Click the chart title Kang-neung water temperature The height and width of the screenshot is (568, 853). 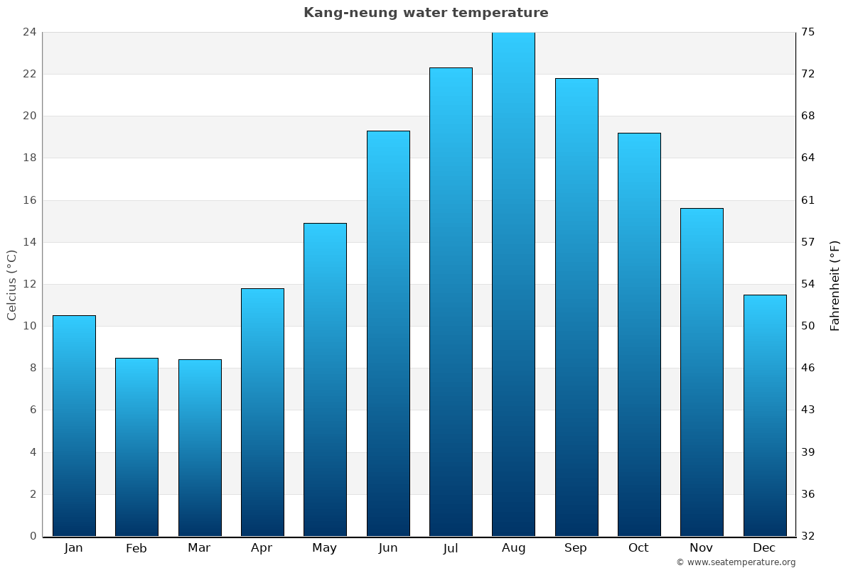click(426, 13)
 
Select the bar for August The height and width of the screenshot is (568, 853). click(513, 284)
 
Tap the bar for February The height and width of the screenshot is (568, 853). click(136, 447)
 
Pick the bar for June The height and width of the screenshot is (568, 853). click(388, 333)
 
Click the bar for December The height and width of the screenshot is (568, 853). click(765, 415)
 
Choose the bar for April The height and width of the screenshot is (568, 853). click(262, 412)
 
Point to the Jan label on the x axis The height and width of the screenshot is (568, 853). click(74, 548)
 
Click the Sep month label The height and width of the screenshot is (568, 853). click(576, 548)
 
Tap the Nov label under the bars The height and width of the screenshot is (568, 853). click(702, 548)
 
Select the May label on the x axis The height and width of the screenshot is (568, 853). click(325, 548)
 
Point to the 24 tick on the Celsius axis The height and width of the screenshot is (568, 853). click(29, 32)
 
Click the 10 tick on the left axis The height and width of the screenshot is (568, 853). click(29, 326)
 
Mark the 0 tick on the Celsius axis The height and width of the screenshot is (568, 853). click(33, 536)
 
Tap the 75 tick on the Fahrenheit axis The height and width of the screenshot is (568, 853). click(808, 32)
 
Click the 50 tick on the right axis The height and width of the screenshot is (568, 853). click(808, 326)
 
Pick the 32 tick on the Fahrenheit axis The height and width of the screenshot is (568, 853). click(808, 536)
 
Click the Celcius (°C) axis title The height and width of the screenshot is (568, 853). click(11, 284)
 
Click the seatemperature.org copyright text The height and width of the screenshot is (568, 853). click(736, 562)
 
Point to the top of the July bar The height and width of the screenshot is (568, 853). click(451, 68)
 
